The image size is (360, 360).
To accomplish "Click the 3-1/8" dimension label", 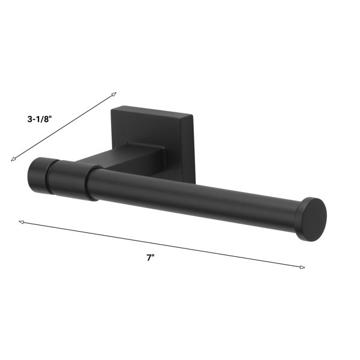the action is click(x=40, y=119).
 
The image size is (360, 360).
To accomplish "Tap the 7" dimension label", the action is click(x=151, y=257).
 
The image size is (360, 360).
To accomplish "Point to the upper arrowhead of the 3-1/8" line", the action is click(x=114, y=94).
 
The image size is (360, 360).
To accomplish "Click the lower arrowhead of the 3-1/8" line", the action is click(x=13, y=159).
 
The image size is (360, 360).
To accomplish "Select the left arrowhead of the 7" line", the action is click(x=22, y=222).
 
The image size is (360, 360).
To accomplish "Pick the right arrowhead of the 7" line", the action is click(x=302, y=267).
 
